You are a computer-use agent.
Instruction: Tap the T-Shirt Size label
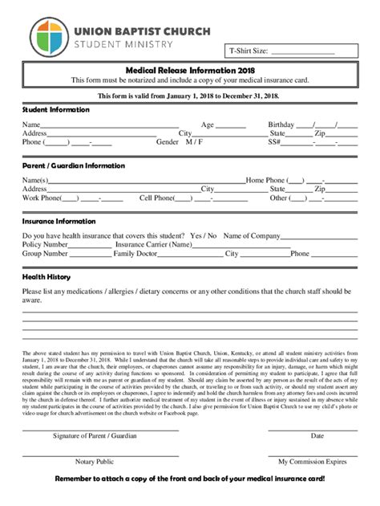[249, 51]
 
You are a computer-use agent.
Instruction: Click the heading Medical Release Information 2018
[189, 70]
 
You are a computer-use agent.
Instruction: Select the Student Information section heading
[56, 109]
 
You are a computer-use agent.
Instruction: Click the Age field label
[208, 124]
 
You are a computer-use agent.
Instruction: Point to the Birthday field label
[281, 124]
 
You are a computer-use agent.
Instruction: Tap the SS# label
[274, 142]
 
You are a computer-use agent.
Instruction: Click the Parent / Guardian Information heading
[74, 165]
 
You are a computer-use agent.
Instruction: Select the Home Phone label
[265, 180]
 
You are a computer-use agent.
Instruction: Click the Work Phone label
[41, 198]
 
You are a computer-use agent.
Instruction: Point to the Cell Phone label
[156, 198]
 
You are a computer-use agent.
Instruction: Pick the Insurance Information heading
[59, 221]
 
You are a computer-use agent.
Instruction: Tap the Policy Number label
[45, 244]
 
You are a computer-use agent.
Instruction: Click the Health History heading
[46, 276]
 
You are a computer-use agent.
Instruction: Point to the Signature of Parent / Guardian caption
[95, 436]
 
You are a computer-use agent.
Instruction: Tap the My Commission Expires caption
[313, 462]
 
